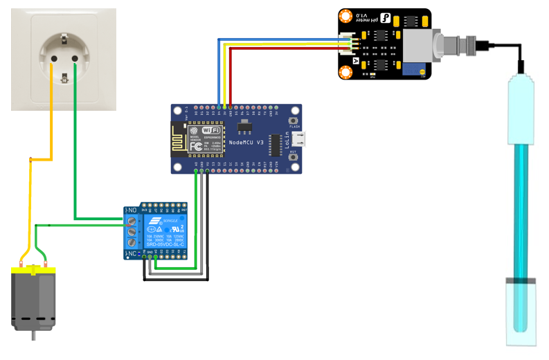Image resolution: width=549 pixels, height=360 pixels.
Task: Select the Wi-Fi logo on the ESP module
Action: pyautogui.click(x=210, y=130)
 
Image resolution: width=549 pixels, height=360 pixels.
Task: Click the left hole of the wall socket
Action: pyautogui.click(x=51, y=59)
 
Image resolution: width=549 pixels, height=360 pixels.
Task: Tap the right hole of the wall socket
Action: pyautogui.click(x=75, y=59)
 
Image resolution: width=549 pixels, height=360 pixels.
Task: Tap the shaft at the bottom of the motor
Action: pyautogui.click(x=32, y=335)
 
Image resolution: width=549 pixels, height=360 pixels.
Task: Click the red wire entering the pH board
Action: pyautogui.click(x=291, y=48)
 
